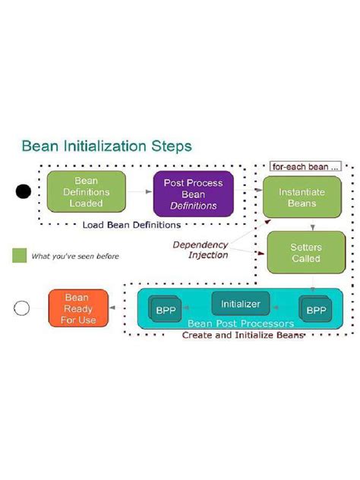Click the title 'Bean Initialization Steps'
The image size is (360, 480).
click(x=106, y=144)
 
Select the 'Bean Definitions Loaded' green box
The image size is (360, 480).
click(x=86, y=192)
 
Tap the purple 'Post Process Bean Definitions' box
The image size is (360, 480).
click(x=193, y=194)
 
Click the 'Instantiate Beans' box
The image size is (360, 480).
click(x=302, y=197)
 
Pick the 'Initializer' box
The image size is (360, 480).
click(x=240, y=304)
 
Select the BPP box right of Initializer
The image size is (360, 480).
click(x=315, y=311)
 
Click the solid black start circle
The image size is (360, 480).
click(x=24, y=192)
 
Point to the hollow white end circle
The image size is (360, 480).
click(x=23, y=308)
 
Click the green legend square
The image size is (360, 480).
click(x=19, y=255)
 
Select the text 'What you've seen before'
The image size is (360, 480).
click(x=74, y=256)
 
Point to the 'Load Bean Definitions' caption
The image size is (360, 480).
click(x=131, y=224)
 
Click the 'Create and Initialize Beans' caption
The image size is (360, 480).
click(x=242, y=335)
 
